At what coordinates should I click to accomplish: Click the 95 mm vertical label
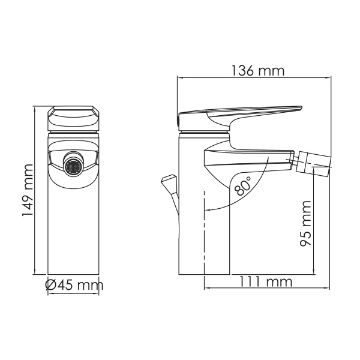coord(305,226)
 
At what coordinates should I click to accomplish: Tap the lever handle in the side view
coord(240,113)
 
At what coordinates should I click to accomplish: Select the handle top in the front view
coord(74,114)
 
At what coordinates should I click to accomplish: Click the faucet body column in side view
coord(204,228)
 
